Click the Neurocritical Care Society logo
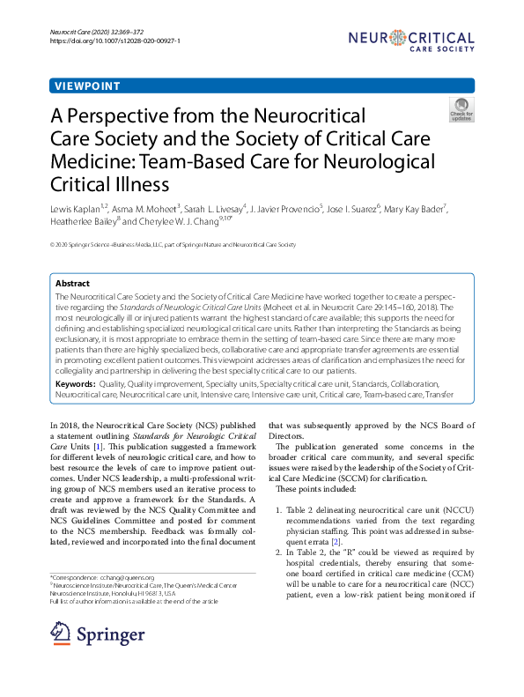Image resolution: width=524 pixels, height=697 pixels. point(410,40)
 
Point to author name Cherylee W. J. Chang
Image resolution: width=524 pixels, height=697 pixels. point(200,221)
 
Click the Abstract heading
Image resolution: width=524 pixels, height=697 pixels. point(72,284)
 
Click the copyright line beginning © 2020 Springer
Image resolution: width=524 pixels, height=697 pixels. point(173,244)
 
